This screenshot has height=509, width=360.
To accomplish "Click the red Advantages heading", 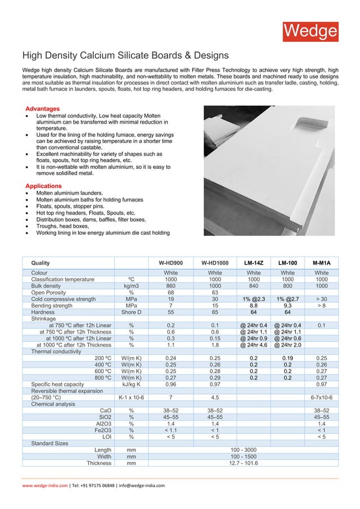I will pos(43,108).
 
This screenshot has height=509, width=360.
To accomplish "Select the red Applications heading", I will pos(43,186).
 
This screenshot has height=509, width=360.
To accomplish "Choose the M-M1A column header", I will pos(321,263).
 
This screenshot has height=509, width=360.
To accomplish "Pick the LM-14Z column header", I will pos(254,263).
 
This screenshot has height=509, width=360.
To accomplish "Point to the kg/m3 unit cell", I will pos(131,286).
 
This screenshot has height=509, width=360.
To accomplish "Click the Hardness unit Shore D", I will pos(131,312).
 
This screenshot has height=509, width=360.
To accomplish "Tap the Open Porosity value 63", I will pos(214,293).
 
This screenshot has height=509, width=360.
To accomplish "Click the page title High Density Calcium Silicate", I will pos(125,55).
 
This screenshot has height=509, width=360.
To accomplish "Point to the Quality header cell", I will pos(41,263).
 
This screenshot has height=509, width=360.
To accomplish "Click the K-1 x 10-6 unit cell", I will pos(131,397).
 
